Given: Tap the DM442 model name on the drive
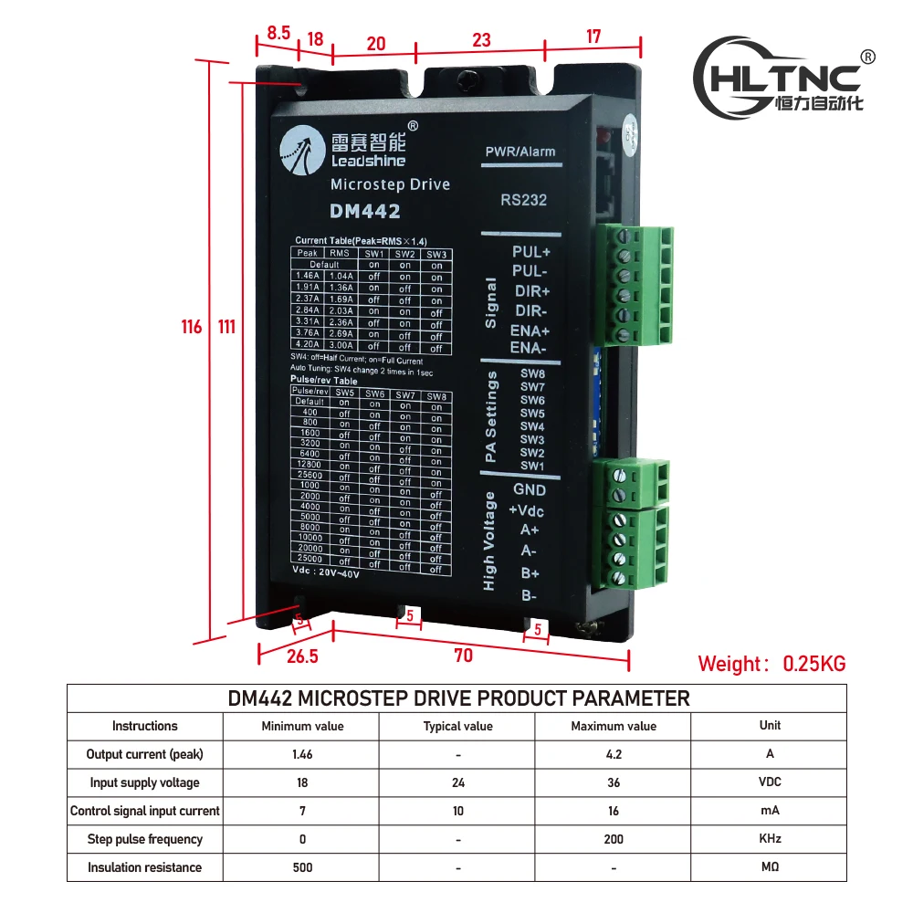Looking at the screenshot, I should [364, 211].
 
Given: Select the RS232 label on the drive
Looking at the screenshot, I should [524, 200].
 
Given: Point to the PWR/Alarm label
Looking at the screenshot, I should [519, 152].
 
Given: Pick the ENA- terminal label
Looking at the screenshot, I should [528, 348].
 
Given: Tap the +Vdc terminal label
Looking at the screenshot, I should [527, 509].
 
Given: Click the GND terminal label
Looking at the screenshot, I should [530, 489].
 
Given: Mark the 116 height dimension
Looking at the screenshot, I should [191, 327].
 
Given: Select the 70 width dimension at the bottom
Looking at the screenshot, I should [463, 655].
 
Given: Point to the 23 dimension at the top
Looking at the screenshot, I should [481, 40].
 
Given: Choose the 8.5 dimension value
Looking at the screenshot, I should [278, 33].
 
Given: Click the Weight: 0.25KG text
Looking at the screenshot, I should [771, 664].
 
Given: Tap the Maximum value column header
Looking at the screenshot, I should [614, 726].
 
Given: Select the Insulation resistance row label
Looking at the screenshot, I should [144, 867].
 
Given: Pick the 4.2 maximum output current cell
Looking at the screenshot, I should [614, 754].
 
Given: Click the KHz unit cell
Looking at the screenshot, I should [770, 839].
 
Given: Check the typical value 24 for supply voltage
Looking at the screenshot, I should [457, 782].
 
